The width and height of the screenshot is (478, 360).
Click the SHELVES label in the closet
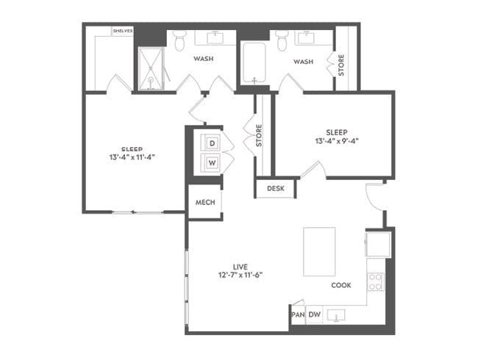click(x=122, y=31)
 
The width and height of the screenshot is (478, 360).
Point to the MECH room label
click(x=205, y=204)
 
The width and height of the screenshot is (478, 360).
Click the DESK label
click(x=276, y=189)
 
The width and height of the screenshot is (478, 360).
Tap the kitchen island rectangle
click(x=319, y=251)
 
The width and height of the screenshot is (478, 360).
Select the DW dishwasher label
click(x=314, y=315)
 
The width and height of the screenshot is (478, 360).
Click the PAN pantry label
click(x=298, y=315)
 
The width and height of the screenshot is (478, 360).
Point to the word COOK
click(x=341, y=286)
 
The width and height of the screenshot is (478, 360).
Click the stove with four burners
click(x=376, y=281)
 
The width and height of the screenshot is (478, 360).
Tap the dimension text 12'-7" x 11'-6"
click(x=239, y=276)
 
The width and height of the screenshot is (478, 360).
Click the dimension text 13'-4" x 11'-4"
click(x=132, y=156)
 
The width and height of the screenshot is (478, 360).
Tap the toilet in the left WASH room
click(x=179, y=43)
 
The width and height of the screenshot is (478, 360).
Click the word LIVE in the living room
click(x=240, y=266)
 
